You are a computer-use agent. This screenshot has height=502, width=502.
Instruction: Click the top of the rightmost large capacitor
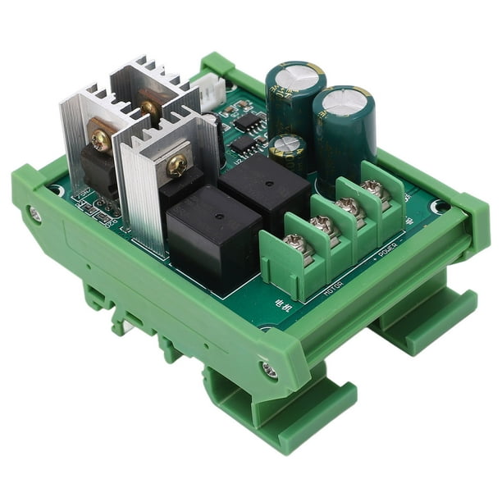pos(343,103)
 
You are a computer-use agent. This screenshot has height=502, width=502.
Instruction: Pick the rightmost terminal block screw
pos(376,190)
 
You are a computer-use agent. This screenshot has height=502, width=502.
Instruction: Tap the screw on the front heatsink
pos(176,167)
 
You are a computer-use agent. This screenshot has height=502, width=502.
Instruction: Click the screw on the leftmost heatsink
pos(101,140)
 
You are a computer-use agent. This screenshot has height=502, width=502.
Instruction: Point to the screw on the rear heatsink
pos(150,107)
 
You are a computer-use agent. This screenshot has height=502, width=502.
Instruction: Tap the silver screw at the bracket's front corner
pos(268,371)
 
